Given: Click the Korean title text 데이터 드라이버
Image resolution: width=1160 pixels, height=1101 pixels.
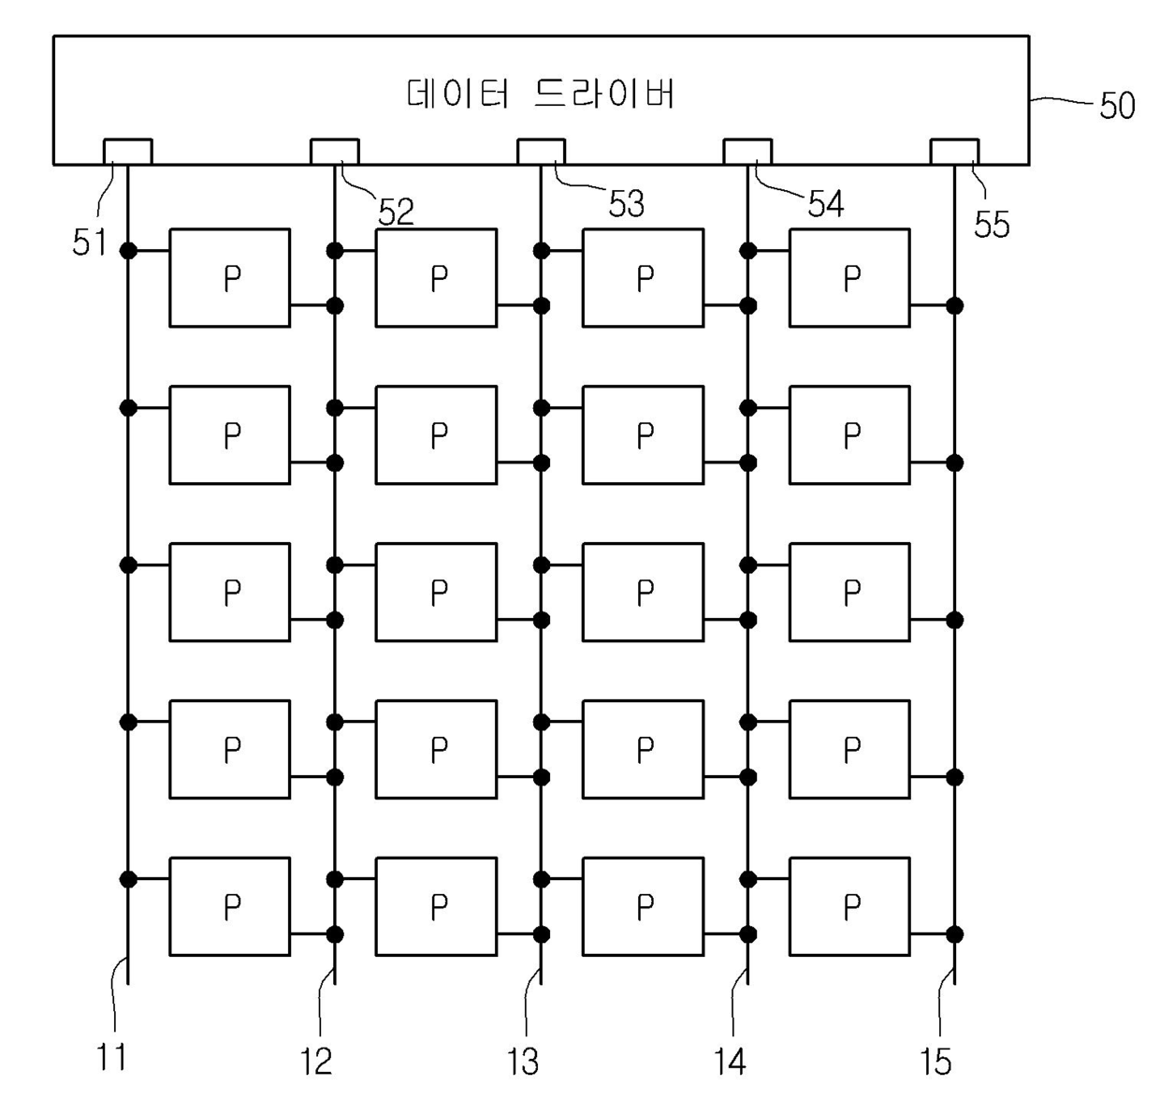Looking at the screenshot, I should (541, 94).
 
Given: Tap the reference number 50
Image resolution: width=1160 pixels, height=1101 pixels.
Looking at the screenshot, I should (1116, 106).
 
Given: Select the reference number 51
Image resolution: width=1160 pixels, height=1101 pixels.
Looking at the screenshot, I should (89, 242).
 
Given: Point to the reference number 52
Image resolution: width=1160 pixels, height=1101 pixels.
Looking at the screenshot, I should (396, 213).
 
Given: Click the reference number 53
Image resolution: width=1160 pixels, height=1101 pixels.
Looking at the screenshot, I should (626, 204).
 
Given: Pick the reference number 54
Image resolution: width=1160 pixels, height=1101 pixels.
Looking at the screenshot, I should (825, 204).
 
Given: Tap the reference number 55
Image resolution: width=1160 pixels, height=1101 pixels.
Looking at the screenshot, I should (992, 225).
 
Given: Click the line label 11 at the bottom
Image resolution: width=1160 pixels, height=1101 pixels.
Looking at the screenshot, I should (111, 1058).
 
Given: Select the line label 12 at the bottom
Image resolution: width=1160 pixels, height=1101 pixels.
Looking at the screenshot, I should (316, 1061).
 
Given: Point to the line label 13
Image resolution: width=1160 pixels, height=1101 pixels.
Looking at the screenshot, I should (523, 1061).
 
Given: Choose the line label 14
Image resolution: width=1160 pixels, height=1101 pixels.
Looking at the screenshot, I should (730, 1061).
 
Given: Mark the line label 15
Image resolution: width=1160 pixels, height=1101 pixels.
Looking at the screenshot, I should (935, 1061).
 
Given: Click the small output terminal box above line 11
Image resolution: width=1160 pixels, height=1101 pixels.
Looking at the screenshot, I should (127, 152).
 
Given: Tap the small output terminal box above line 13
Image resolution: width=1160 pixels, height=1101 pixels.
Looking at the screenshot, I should (541, 152).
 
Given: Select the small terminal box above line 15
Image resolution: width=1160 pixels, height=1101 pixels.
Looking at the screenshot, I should (954, 152).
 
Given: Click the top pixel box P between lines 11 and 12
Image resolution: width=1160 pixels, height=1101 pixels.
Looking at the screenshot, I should (229, 278).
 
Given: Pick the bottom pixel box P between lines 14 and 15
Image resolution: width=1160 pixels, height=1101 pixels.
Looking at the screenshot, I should (849, 906).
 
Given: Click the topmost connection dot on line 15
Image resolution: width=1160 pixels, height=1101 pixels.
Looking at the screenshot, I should (954, 305).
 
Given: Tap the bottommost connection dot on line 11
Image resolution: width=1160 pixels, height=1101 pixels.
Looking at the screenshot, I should (128, 879).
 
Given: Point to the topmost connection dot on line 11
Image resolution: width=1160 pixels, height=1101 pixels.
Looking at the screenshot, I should (128, 251).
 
